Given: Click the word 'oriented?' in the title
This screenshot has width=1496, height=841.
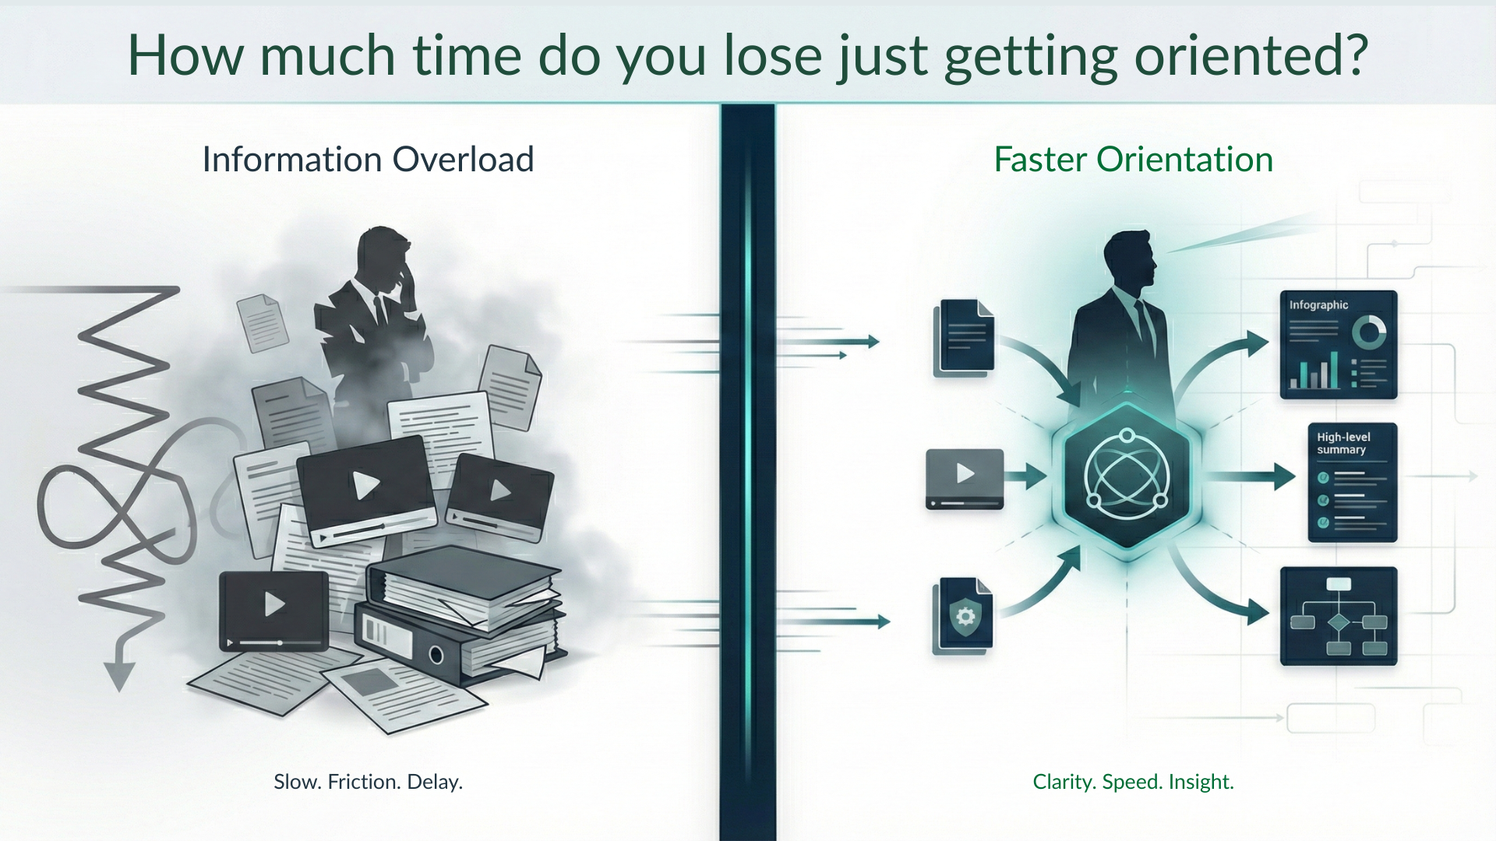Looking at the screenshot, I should coord(1250,56).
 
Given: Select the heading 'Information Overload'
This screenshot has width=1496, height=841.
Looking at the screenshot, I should coord(368,160).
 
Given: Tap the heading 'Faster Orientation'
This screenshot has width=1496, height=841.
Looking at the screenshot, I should coord(1133,160).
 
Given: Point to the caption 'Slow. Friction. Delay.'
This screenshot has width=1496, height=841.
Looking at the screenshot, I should coord(368,782).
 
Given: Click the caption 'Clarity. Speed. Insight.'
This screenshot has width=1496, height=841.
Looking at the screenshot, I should coord(1133,782).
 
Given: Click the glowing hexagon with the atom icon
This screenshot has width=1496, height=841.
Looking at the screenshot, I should coord(1127,474).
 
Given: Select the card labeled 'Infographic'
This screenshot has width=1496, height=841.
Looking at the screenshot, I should coord(1338,345).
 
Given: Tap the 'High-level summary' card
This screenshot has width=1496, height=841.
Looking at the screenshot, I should coord(1352,483).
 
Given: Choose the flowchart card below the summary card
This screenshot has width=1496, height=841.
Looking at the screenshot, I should coord(1338,616).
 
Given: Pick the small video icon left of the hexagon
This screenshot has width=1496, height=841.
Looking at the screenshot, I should coord(965,477).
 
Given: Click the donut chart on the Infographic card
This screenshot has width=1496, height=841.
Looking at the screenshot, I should coord(1369,333).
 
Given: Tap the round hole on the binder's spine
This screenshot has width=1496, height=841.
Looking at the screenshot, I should coord(436,654).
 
